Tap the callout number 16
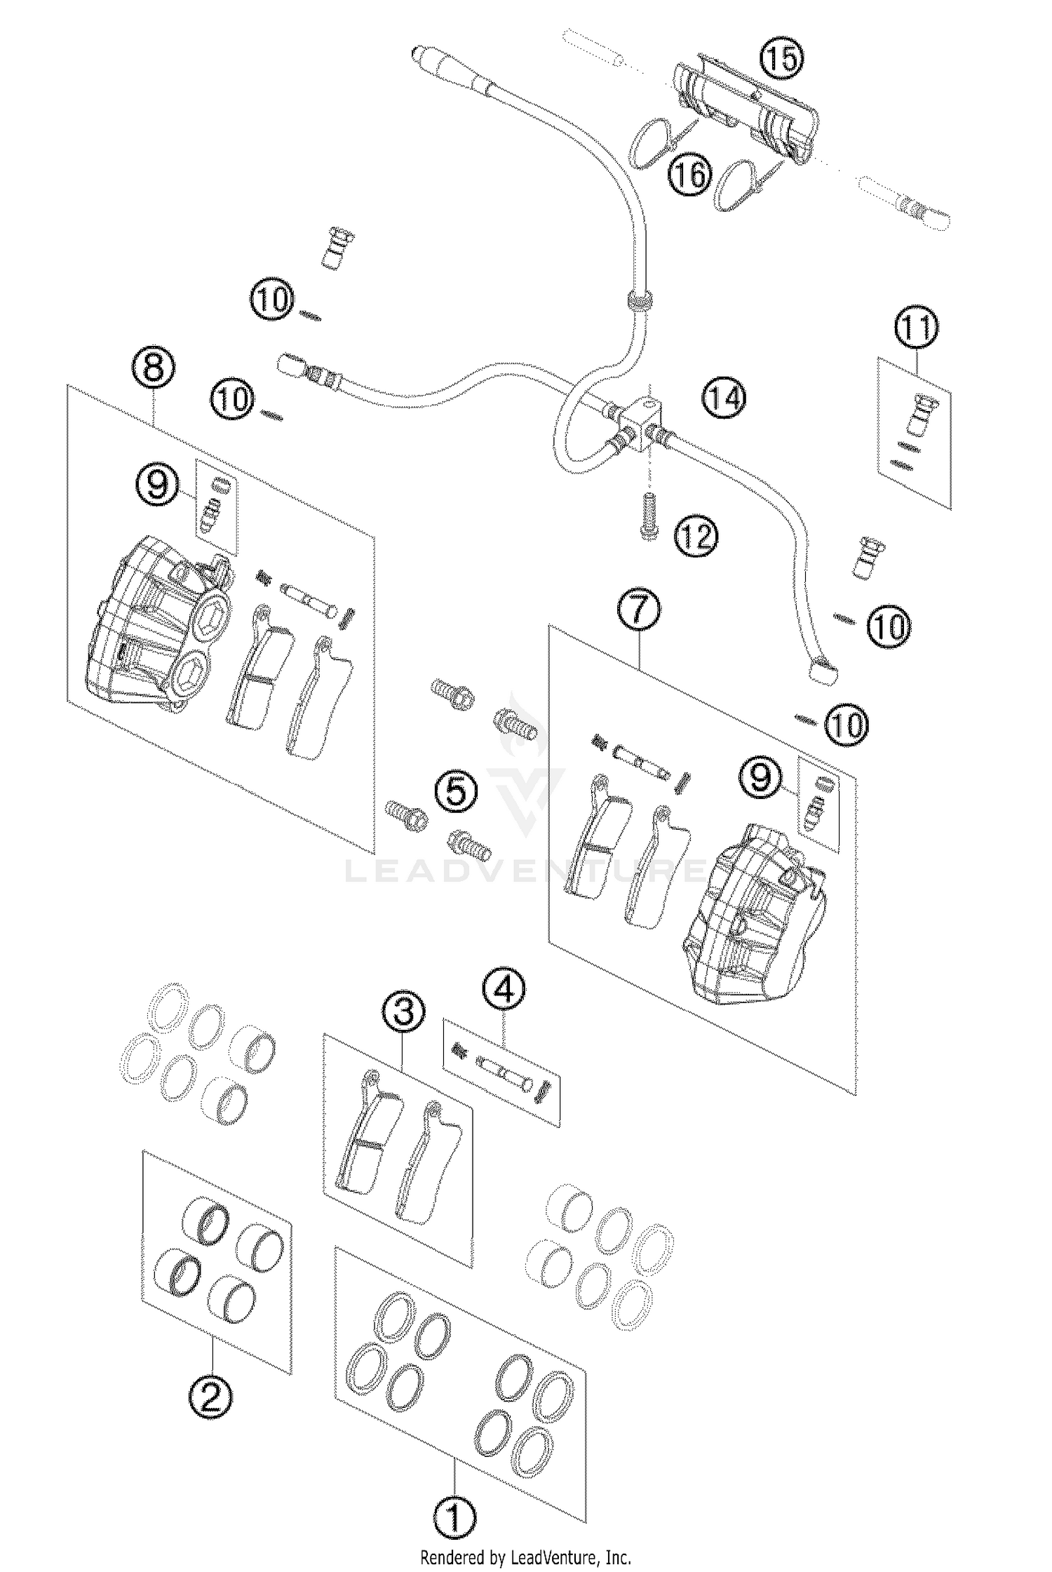click(689, 173)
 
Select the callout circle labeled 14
click(725, 398)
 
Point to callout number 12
click(696, 537)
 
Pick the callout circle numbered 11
click(915, 328)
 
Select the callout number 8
click(154, 367)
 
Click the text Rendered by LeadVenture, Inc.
click(525, 1553)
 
